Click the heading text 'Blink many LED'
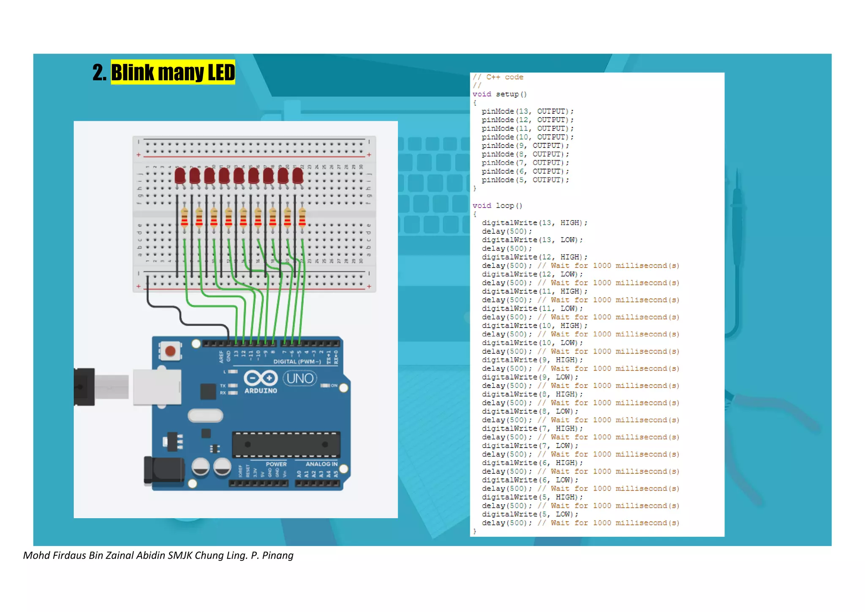click(173, 72)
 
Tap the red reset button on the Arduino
click(170, 351)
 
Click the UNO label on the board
click(300, 378)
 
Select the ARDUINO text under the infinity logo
click(261, 391)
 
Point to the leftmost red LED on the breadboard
click(180, 175)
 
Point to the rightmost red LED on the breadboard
click(298, 175)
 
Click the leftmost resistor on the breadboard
click(184, 218)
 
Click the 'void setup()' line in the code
click(499, 94)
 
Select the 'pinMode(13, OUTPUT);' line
click(527, 112)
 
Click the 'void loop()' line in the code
click(497, 206)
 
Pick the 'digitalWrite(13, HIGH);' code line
click(534, 223)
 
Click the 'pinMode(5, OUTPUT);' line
click(525, 180)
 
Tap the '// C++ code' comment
click(498, 77)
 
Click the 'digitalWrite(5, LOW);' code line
click(530, 514)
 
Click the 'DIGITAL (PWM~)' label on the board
click(297, 362)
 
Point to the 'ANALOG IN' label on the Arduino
click(321, 464)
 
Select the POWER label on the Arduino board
click(276, 464)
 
